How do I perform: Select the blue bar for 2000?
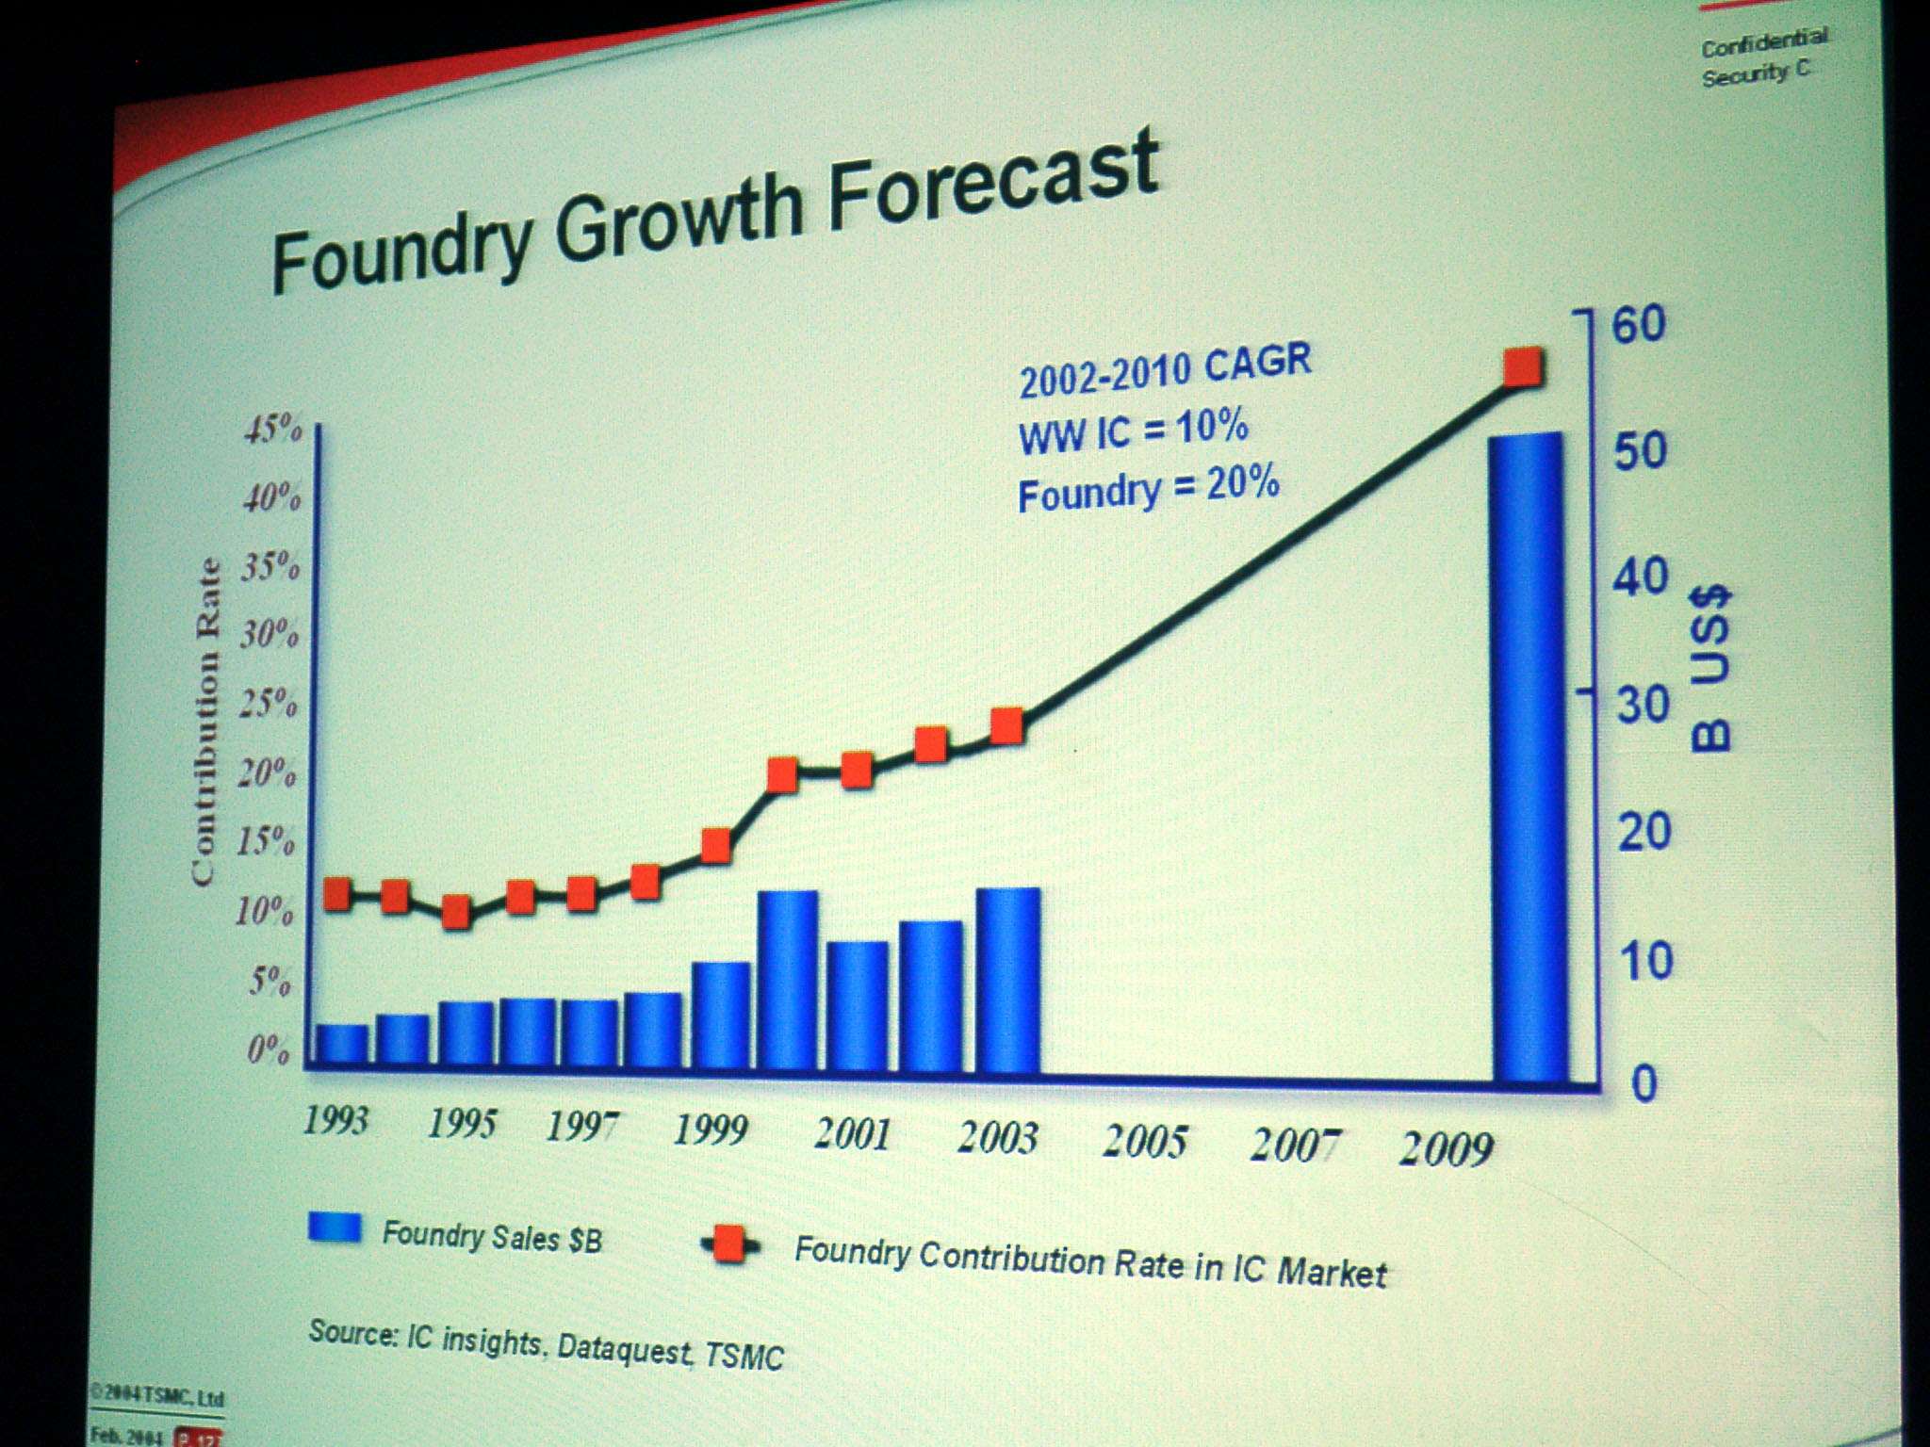click(788, 980)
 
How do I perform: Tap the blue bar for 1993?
click(341, 1044)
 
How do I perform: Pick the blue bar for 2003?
click(1008, 980)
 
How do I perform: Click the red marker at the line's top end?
click(1523, 366)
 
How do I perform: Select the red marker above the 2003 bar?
click(1007, 726)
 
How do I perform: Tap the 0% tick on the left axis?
click(269, 1049)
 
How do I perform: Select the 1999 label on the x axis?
click(711, 1129)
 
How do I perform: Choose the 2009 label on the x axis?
click(1447, 1148)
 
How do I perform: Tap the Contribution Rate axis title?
click(206, 721)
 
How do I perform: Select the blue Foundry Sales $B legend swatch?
click(335, 1228)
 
